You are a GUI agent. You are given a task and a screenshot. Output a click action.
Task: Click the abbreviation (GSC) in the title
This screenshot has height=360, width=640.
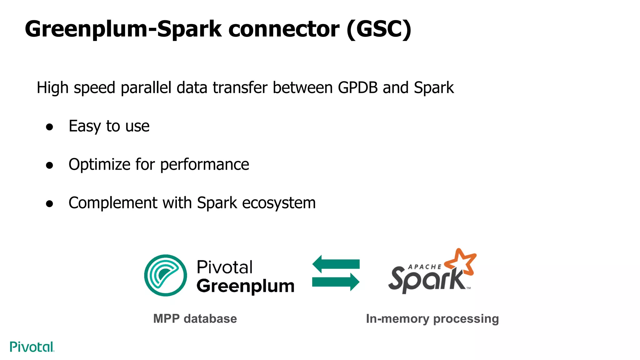tap(379, 29)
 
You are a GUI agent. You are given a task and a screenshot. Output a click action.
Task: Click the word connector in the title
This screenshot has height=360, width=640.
tap(283, 29)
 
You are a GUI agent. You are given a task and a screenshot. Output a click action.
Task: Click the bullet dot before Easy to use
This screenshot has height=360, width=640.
tap(49, 127)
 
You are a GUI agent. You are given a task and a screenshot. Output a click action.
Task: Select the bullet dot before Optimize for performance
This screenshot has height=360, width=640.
tap(49, 165)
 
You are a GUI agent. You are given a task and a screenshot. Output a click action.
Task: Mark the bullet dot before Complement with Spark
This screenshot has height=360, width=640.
tap(49, 204)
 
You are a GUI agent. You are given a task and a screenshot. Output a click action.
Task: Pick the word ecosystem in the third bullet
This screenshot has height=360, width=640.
tap(279, 203)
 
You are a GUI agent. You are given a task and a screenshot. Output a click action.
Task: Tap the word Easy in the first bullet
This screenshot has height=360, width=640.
tap(84, 126)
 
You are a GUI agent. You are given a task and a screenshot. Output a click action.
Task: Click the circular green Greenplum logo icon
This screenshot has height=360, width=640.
tap(165, 275)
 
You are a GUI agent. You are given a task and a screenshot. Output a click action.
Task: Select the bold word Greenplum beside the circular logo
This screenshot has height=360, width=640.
tap(245, 286)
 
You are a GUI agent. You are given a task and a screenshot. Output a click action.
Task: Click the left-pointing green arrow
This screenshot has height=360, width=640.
tap(336, 264)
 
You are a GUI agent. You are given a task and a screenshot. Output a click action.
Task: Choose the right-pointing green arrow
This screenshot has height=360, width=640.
tap(336, 282)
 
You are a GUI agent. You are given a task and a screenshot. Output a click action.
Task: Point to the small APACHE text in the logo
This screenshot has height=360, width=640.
tap(425, 267)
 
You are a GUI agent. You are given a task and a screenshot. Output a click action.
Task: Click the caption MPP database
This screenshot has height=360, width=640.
tap(195, 319)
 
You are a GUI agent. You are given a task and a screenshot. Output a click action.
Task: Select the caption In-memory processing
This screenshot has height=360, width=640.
tap(432, 319)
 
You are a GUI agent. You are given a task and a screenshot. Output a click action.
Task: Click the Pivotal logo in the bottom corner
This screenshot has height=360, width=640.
tap(32, 347)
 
